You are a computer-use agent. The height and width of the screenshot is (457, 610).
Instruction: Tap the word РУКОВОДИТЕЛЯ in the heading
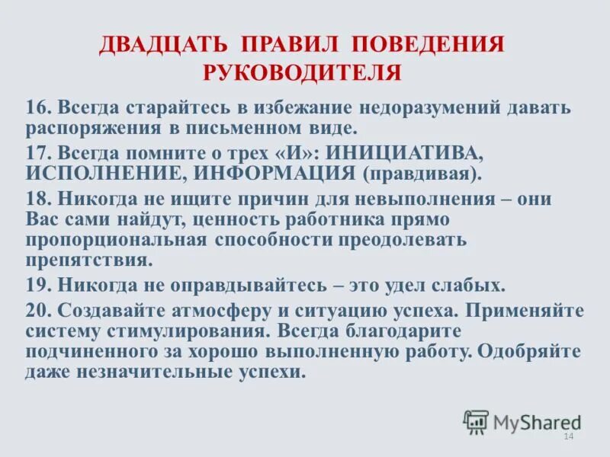(302, 73)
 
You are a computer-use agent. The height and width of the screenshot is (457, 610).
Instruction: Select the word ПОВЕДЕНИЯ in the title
(433, 43)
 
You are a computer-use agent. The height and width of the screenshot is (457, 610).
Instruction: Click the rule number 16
(37, 107)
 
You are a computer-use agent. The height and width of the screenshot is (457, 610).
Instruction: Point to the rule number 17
(37, 152)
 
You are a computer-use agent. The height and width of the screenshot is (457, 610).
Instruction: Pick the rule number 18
(37, 200)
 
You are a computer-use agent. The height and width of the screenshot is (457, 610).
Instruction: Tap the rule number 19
(37, 286)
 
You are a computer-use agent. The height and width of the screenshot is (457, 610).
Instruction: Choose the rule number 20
(37, 312)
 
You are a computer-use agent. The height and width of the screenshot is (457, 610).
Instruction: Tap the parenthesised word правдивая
(422, 173)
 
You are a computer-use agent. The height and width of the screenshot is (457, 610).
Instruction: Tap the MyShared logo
(522, 421)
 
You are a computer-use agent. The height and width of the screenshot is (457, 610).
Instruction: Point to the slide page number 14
(567, 436)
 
